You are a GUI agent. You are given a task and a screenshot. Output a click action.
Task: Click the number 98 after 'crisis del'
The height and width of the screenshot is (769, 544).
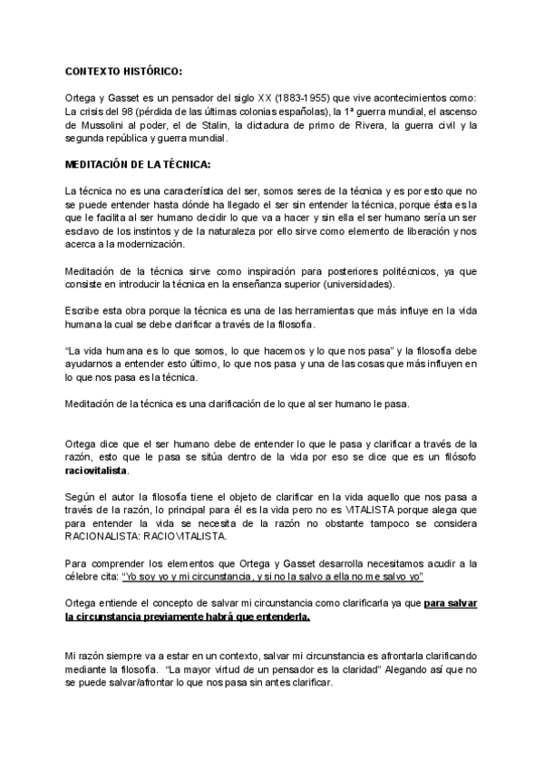(131, 111)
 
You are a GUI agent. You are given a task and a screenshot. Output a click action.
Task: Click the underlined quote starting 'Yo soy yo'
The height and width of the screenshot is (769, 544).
(273, 577)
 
